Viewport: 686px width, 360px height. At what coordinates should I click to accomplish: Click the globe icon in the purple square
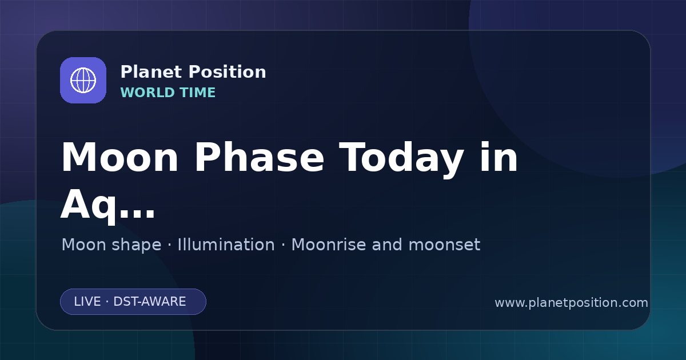click(x=83, y=80)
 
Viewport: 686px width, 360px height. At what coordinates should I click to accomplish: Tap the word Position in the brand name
click(x=228, y=72)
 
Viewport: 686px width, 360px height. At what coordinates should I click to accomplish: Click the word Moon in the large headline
click(x=119, y=158)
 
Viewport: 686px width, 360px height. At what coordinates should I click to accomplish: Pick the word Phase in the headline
click(x=259, y=158)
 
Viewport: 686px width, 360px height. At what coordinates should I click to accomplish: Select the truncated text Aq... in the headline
click(x=108, y=206)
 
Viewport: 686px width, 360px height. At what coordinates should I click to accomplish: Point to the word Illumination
click(x=226, y=245)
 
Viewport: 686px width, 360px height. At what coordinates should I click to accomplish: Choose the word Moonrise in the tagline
click(x=328, y=245)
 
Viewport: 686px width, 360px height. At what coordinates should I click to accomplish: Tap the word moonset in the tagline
click(x=444, y=245)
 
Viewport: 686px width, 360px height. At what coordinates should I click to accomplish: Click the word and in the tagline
click(x=387, y=245)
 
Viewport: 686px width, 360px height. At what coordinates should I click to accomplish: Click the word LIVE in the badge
click(x=87, y=302)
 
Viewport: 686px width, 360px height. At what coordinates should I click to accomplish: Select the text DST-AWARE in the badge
click(x=149, y=302)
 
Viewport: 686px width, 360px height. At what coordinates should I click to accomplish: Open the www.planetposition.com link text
click(x=571, y=303)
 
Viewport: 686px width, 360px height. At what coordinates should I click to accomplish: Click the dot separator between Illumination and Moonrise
click(x=284, y=245)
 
